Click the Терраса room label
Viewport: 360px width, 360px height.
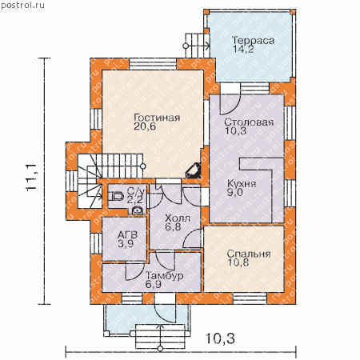coord(253,41)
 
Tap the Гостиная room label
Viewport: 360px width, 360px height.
coord(157,118)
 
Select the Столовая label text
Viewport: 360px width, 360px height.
coord(249,122)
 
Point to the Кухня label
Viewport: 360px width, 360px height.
coord(242,184)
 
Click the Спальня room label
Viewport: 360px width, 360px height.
coord(249,254)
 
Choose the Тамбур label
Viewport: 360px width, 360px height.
coord(165,275)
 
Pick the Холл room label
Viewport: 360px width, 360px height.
coord(178,218)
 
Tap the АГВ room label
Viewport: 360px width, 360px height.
coord(128,235)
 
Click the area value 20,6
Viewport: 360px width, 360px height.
coord(145,126)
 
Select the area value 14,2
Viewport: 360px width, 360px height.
coord(243,49)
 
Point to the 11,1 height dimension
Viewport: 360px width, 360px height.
coord(31,177)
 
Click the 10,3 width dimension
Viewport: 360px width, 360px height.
coord(220,338)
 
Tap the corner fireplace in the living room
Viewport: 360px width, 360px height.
coord(193,170)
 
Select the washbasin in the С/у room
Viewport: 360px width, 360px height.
coord(138,210)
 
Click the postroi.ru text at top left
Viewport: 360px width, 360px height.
coord(23,6)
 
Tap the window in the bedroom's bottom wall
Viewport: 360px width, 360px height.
coord(250,298)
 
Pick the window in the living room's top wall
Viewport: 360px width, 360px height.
coord(153,64)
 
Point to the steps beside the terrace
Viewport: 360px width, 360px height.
coord(197,46)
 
